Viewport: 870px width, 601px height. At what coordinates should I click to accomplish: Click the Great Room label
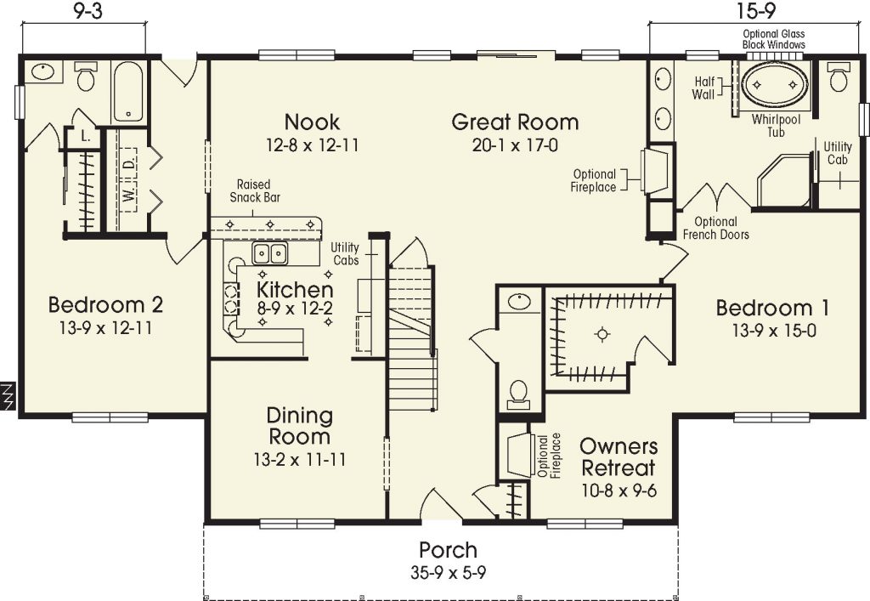(x=515, y=122)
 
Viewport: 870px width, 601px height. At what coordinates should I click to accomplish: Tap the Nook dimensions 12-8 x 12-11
(x=312, y=145)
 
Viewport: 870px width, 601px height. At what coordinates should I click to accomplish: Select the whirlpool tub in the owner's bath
(x=775, y=85)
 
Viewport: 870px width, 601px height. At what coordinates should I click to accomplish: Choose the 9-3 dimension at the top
(x=83, y=12)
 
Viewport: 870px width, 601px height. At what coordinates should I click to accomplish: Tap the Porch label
(x=448, y=550)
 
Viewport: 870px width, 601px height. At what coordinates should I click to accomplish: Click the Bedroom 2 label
(x=105, y=304)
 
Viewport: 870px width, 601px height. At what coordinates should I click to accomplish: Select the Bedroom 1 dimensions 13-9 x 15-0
(x=774, y=331)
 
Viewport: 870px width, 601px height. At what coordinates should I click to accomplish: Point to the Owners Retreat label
(x=618, y=457)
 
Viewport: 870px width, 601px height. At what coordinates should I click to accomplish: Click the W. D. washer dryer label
(x=128, y=179)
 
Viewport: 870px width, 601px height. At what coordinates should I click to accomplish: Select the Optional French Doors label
(x=715, y=228)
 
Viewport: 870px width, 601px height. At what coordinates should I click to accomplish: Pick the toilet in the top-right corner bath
(x=839, y=78)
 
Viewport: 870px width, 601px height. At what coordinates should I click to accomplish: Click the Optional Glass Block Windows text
(x=774, y=39)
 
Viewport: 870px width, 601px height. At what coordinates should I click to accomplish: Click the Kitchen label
(x=295, y=291)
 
